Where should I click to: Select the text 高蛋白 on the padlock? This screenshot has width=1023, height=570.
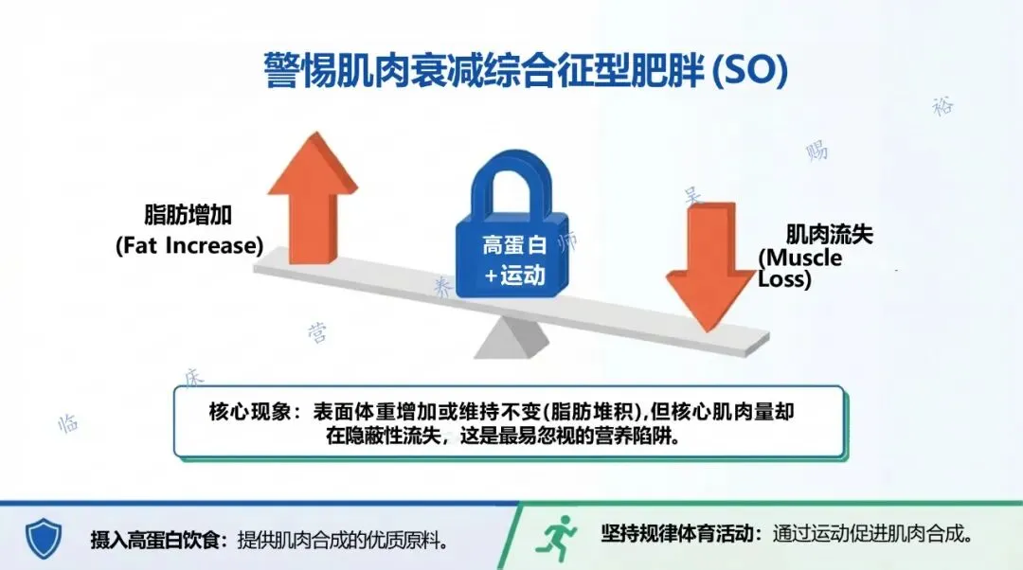[514, 245]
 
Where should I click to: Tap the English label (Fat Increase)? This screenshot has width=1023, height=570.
[188, 246]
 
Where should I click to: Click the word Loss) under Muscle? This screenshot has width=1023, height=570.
[784, 280]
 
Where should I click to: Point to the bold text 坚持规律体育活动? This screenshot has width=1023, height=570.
[678, 534]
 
